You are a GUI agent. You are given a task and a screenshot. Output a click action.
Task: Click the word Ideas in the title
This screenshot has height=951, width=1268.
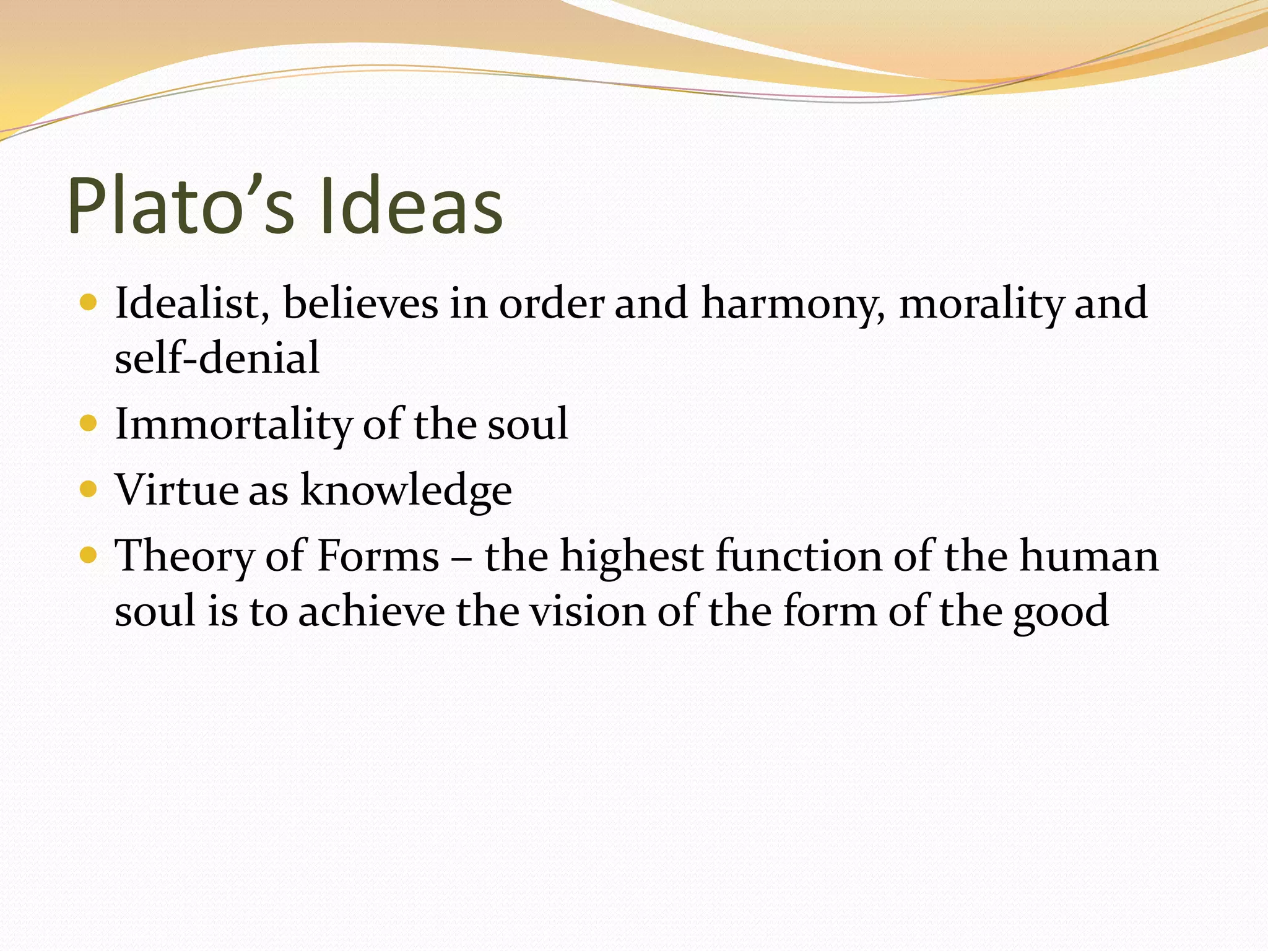point(411,206)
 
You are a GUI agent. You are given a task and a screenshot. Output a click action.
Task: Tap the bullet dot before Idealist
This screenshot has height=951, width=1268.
point(89,302)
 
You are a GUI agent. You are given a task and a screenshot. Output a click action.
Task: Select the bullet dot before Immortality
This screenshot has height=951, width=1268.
point(89,423)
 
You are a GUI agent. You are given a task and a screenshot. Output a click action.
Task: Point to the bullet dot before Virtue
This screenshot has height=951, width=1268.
point(89,490)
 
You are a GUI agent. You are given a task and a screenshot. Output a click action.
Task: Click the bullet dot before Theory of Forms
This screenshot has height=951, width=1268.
point(89,555)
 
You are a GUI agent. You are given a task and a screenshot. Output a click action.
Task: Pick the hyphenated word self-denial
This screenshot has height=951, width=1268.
point(217,358)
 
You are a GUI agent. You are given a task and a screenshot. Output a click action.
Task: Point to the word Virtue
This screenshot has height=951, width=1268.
point(176,490)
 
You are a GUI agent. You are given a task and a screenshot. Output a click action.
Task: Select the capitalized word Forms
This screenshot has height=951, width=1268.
point(378,555)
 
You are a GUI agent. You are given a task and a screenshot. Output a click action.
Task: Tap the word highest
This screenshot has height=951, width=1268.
point(632,556)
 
